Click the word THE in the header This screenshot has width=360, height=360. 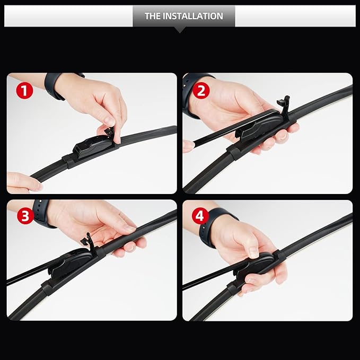153,16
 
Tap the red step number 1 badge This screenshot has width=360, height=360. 24,90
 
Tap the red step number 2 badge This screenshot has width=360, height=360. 200,90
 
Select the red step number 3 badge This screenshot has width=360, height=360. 24,216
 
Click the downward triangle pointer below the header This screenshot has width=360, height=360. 180,30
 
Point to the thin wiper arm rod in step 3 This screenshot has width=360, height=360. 27,276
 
